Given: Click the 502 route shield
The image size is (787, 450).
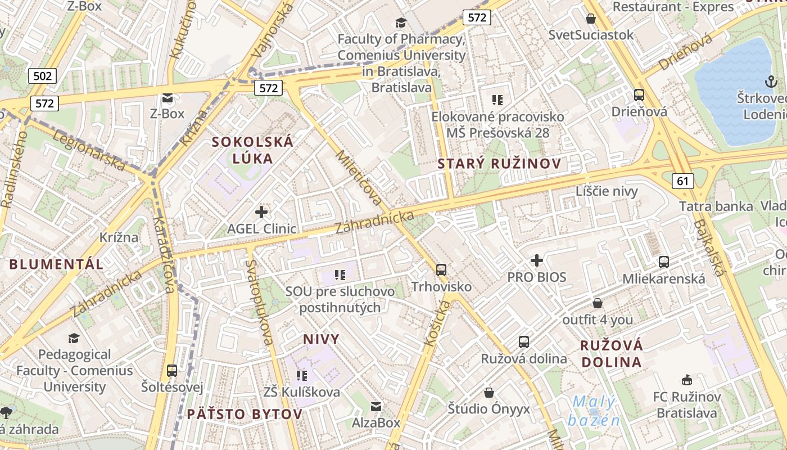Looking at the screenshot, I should tap(42, 76).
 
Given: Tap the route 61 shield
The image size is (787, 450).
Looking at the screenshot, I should tap(682, 181).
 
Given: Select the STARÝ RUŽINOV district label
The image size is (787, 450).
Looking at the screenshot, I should tap(499, 164).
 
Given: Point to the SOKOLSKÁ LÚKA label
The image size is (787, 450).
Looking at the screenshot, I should tap(252, 150).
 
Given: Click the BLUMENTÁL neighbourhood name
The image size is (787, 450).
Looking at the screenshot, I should tap(56, 264).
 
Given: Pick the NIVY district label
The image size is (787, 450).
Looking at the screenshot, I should tap(322, 339).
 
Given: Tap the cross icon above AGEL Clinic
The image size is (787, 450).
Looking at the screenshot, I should tap(261, 212).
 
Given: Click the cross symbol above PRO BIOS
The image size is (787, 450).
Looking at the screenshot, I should tap(537, 260).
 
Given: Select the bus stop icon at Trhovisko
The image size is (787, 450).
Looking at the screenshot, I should tap(441, 270).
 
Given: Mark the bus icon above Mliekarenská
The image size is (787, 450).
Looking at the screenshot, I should tap(664, 262).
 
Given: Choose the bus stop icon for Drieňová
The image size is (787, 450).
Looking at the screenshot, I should tap(639, 95).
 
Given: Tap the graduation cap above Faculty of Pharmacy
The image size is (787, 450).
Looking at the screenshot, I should tap(401, 22).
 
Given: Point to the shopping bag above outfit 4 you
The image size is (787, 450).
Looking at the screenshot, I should tap(598, 303).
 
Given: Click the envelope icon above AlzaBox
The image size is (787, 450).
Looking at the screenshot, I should tap(376, 406).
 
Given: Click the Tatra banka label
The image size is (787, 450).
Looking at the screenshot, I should tap(716, 206).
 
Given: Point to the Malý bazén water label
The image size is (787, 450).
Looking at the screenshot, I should tap(594, 411).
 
